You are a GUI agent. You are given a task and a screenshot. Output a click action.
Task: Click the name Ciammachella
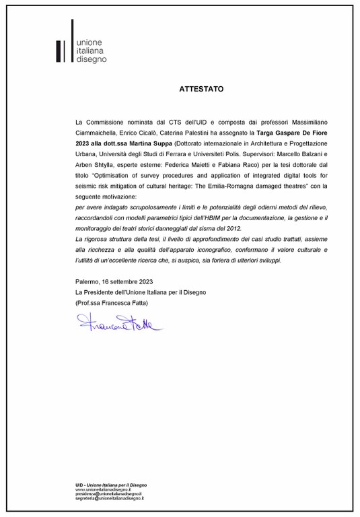pyautogui.click(x=99, y=133)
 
